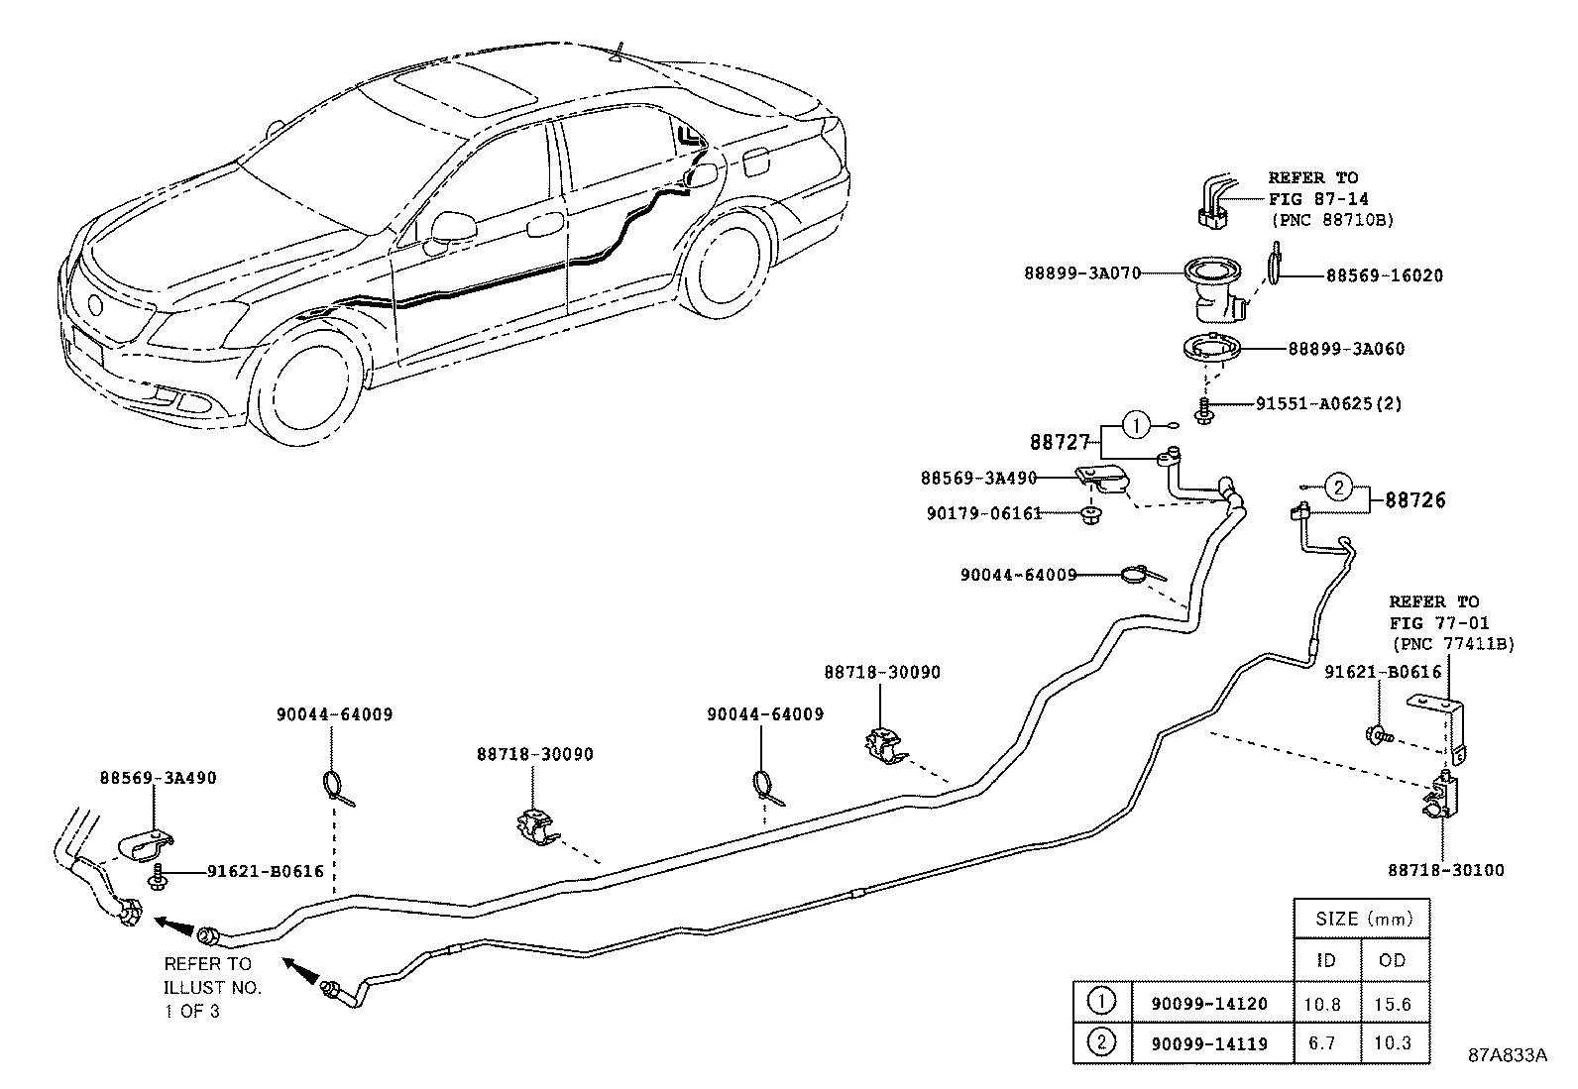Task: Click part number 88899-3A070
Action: (x=1082, y=273)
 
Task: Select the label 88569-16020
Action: (x=1385, y=275)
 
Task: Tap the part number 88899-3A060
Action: (x=1346, y=349)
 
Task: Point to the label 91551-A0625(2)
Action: (x=1328, y=403)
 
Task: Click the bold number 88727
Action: (x=1061, y=442)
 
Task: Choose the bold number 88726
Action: (x=1415, y=500)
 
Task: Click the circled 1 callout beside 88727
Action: (x=1136, y=425)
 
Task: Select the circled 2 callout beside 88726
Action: (x=1339, y=487)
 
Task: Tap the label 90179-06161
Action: (x=984, y=513)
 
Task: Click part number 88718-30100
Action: (x=1445, y=870)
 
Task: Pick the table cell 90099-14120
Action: (x=1209, y=1004)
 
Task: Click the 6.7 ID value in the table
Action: (x=1321, y=1042)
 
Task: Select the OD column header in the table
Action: (x=1392, y=961)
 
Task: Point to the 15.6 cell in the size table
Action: (x=1393, y=1004)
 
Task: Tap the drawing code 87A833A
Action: (x=1508, y=1055)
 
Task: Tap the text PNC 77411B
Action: (x=1454, y=644)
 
